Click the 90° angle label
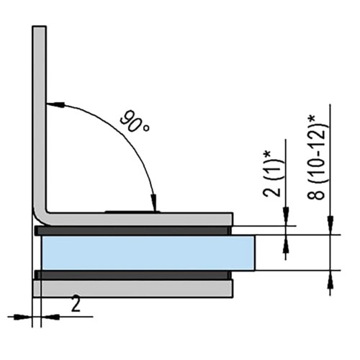point(135,122)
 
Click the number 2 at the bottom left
point(76,305)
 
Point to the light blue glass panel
point(148,253)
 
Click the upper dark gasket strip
point(133,230)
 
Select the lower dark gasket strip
point(133,275)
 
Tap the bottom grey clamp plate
point(132,289)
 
